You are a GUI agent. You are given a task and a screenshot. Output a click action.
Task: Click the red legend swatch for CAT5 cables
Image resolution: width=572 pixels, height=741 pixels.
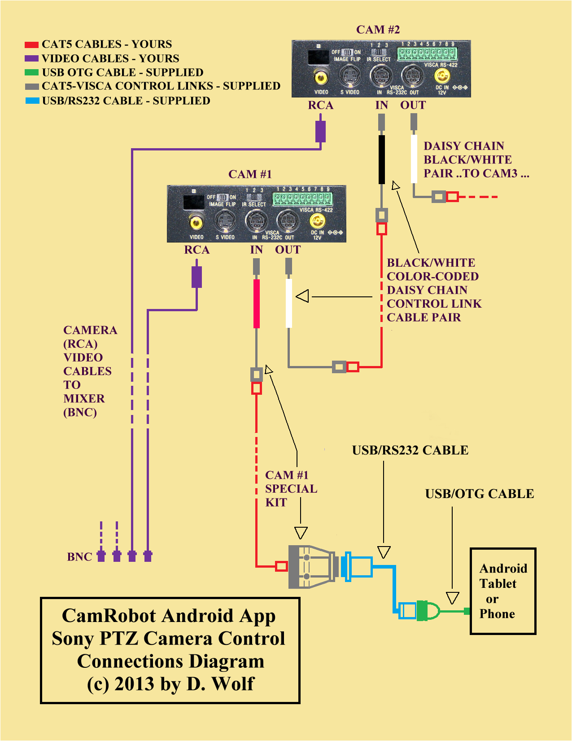[31, 44]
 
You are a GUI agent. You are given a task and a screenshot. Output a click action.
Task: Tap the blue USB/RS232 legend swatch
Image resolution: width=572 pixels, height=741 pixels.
[32, 101]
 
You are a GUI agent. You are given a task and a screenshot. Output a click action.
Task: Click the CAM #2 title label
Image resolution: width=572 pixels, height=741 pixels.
[378, 30]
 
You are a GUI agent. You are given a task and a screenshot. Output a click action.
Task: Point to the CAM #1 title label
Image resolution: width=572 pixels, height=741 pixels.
[250, 174]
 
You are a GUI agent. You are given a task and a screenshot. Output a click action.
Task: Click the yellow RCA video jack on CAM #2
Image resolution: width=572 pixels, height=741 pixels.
[321, 78]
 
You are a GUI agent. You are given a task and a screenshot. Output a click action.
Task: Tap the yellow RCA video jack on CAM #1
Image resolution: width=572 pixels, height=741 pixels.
[196, 222]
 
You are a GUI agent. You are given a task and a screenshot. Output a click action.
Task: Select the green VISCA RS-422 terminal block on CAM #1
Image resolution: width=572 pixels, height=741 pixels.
[302, 198]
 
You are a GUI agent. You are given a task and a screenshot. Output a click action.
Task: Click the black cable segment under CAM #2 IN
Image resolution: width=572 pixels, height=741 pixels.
[381, 159]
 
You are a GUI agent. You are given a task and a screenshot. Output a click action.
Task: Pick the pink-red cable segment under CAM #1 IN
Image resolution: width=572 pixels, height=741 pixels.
[257, 304]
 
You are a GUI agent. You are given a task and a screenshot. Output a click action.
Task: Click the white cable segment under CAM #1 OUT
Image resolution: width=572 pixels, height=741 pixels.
[289, 304]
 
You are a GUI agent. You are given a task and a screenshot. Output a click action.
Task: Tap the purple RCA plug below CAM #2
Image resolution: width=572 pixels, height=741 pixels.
[320, 131]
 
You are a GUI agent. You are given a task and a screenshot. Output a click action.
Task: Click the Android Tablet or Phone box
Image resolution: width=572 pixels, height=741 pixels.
[502, 591]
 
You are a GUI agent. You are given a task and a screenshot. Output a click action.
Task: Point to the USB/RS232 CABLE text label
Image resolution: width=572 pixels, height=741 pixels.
[410, 450]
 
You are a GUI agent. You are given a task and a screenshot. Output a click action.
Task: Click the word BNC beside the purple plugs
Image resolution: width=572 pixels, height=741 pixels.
[79, 557]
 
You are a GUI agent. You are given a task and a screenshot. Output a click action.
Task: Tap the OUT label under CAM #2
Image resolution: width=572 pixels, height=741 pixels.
[413, 106]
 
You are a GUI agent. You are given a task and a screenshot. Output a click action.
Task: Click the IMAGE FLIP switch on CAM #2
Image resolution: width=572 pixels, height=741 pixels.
[347, 53]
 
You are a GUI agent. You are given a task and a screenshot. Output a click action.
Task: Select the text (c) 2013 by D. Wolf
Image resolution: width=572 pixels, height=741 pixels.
[170, 684]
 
